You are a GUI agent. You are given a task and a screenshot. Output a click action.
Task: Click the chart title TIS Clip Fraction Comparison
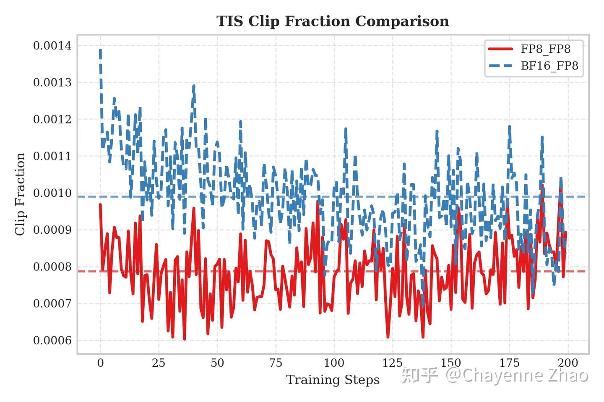click(x=333, y=21)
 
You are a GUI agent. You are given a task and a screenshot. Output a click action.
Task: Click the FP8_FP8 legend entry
click(x=545, y=49)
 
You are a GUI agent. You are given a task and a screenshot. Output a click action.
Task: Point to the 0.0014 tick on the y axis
click(x=52, y=46)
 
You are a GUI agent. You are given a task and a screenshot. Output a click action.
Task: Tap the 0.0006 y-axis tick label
click(x=52, y=340)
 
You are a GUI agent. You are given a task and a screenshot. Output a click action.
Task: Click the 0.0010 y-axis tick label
click(x=52, y=193)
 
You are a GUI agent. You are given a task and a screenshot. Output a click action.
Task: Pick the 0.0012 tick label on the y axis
click(x=52, y=119)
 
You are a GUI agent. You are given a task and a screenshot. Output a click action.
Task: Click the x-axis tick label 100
click(x=334, y=363)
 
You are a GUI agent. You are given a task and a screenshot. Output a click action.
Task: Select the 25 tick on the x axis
click(x=159, y=363)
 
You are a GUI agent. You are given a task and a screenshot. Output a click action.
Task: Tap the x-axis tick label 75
click(x=276, y=363)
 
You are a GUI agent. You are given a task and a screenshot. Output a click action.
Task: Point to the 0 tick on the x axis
click(x=100, y=363)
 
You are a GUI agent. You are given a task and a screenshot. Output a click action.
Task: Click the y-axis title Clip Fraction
click(x=20, y=194)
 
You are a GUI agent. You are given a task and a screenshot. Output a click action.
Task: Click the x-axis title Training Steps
click(x=333, y=380)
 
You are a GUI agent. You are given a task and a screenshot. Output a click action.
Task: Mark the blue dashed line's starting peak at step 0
click(x=100, y=50)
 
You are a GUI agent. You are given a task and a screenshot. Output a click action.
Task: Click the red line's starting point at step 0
click(x=100, y=204)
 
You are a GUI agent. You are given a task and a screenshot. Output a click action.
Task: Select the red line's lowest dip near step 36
click(x=185, y=339)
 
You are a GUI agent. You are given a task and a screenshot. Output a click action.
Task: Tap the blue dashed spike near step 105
click(x=346, y=129)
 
